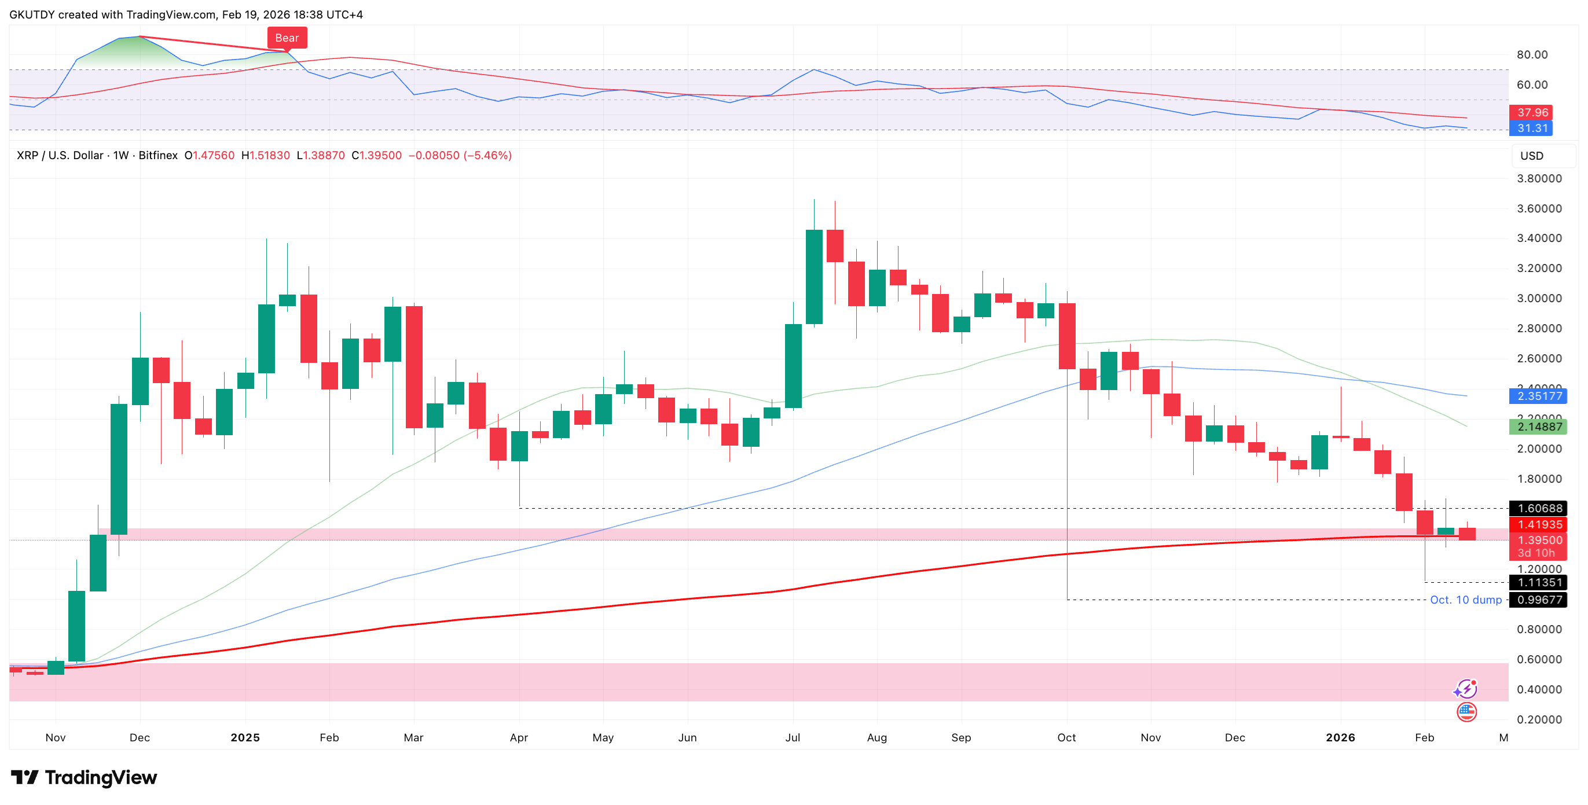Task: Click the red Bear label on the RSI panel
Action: pyautogui.click(x=287, y=38)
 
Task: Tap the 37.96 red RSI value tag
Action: pyautogui.click(x=1532, y=112)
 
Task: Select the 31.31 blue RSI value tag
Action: pyautogui.click(x=1532, y=128)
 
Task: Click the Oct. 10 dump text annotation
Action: pyautogui.click(x=1465, y=600)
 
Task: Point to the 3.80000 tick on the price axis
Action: pyautogui.click(x=1539, y=179)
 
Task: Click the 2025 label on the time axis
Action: pyautogui.click(x=245, y=737)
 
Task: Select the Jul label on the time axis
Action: pyautogui.click(x=792, y=737)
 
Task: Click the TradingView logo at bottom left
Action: pyautogui.click(x=85, y=777)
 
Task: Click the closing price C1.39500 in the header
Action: pyautogui.click(x=376, y=155)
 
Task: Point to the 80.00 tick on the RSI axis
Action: pyautogui.click(x=1532, y=55)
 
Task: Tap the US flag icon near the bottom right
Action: pyautogui.click(x=1466, y=712)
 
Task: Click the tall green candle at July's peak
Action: pyautogui.click(x=814, y=276)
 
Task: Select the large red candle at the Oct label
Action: pyautogui.click(x=1067, y=336)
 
